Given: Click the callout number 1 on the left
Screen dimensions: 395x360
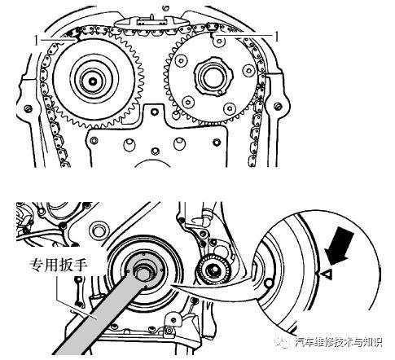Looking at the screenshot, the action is (36, 41).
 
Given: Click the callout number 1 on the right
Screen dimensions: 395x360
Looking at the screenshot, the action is (277, 37).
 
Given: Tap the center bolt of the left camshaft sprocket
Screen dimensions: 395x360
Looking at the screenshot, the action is (94, 81).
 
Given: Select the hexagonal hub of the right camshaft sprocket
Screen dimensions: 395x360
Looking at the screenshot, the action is (213, 77).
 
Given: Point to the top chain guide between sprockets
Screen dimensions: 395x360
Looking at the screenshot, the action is (150, 22).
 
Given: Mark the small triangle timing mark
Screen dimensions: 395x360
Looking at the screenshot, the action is (327, 274).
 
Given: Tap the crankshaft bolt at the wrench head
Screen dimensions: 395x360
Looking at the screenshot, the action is (144, 272).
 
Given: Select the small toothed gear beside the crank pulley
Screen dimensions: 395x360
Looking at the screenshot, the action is (213, 270).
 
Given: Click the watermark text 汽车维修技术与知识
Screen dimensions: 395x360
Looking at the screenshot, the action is (339, 342).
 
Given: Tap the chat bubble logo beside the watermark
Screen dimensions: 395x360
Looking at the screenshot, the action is (283, 342).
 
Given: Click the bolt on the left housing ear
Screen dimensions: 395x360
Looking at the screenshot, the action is (28, 108).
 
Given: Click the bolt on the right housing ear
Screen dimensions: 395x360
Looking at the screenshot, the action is (277, 106).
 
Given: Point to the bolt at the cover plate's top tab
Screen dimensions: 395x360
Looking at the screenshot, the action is (155, 112).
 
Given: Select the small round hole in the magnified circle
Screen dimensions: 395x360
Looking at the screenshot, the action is (269, 283).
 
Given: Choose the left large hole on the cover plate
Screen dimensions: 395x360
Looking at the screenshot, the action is (129, 144).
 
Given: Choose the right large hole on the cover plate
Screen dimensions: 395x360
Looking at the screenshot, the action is (179, 143).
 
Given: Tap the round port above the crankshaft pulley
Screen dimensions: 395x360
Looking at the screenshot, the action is (98, 230).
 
